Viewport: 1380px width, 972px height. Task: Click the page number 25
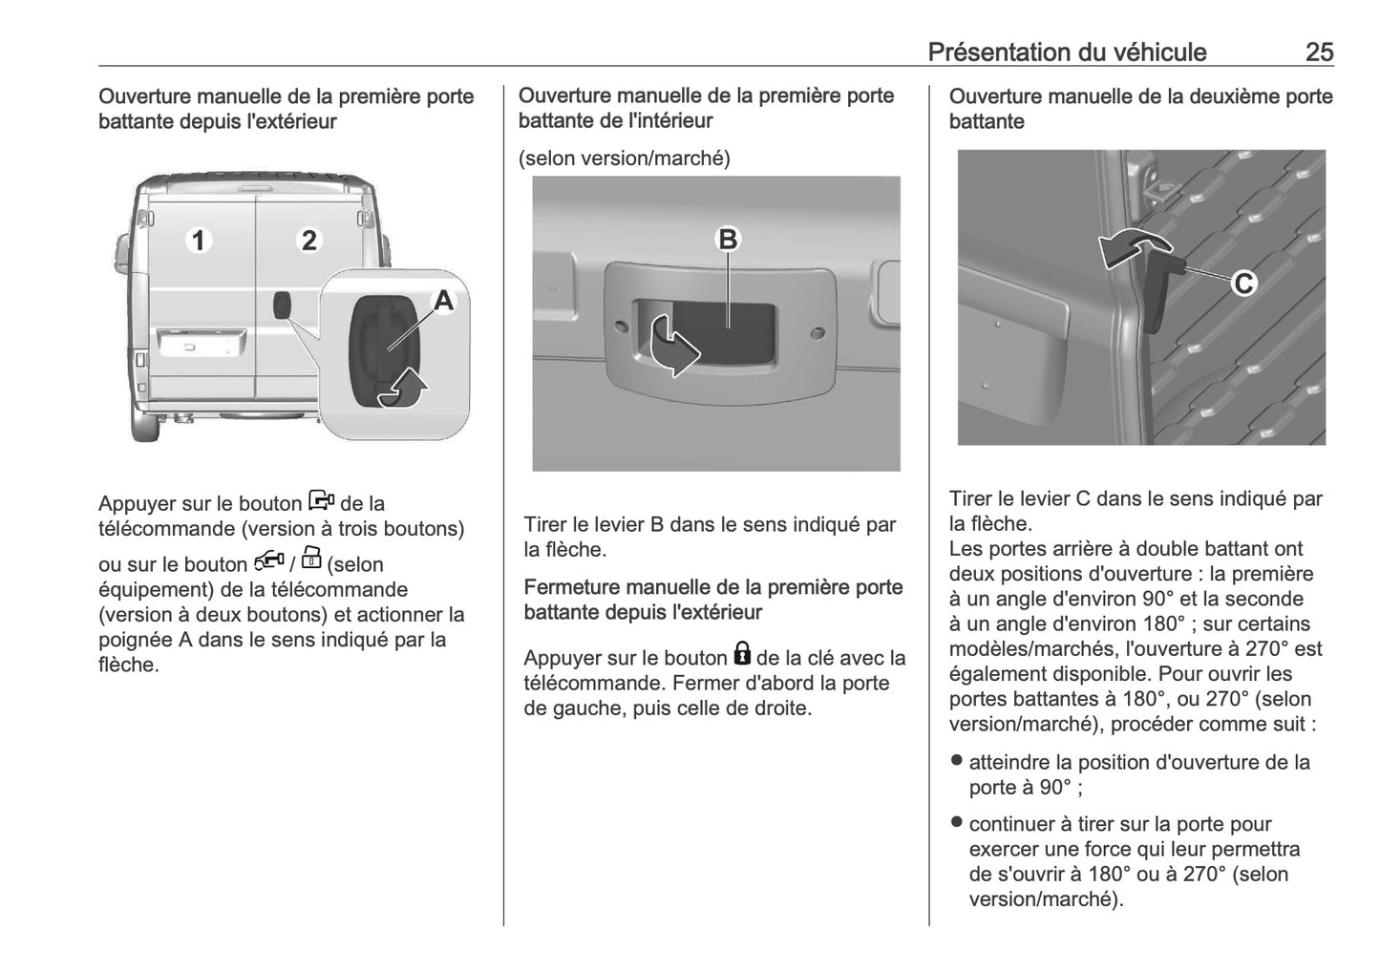1319,52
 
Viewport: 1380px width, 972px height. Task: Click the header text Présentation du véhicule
1067,52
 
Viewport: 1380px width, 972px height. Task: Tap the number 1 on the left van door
198,240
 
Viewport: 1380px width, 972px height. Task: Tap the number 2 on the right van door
308,240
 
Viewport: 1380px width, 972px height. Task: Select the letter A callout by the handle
443,302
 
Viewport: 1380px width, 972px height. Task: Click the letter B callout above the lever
728,239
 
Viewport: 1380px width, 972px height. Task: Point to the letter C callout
1243,284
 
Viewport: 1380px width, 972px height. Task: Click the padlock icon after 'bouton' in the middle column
742,655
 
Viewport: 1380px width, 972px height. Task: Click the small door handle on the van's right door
282,306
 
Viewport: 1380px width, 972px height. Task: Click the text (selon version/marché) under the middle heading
624,158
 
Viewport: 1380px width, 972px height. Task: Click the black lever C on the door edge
1158,296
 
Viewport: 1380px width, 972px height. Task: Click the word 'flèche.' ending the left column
128,665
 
